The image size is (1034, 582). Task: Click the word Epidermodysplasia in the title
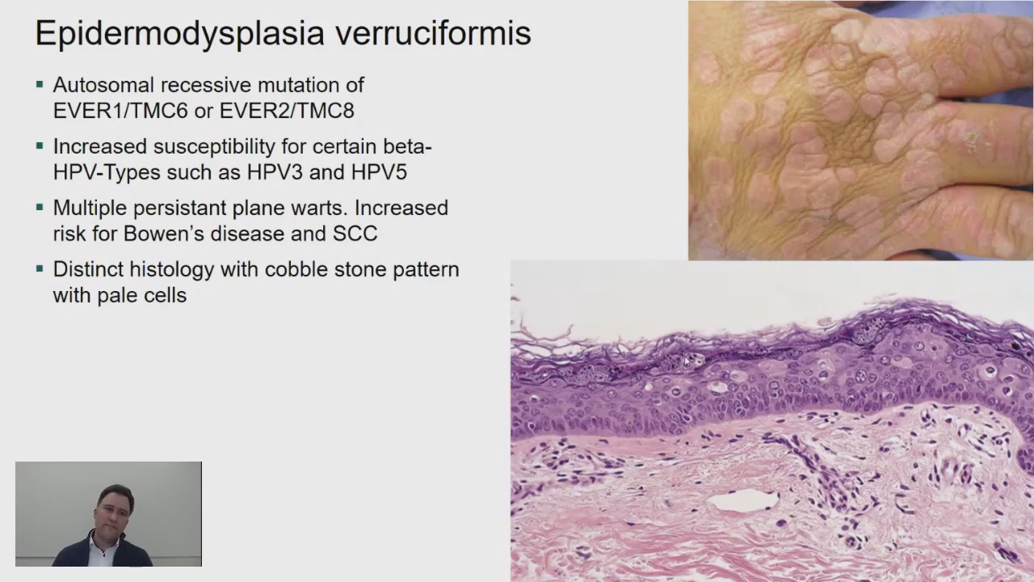tap(180, 34)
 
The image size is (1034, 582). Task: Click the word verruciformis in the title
tap(433, 33)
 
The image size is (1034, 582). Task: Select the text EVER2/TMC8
tap(287, 111)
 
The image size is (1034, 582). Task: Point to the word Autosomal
tap(104, 85)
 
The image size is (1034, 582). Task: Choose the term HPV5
tap(379, 172)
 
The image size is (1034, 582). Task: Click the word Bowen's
tap(163, 234)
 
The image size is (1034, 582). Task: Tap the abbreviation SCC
tap(355, 234)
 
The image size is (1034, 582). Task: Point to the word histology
tap(172, 270)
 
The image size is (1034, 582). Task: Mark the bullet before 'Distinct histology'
tap(40, 269)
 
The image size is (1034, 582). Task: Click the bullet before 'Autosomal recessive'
tap(40, 85)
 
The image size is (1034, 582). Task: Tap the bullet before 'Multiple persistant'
tap(40, 208)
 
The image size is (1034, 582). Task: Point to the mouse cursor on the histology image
tap(687, 361)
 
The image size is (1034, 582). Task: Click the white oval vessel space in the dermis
tap(744, 501)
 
